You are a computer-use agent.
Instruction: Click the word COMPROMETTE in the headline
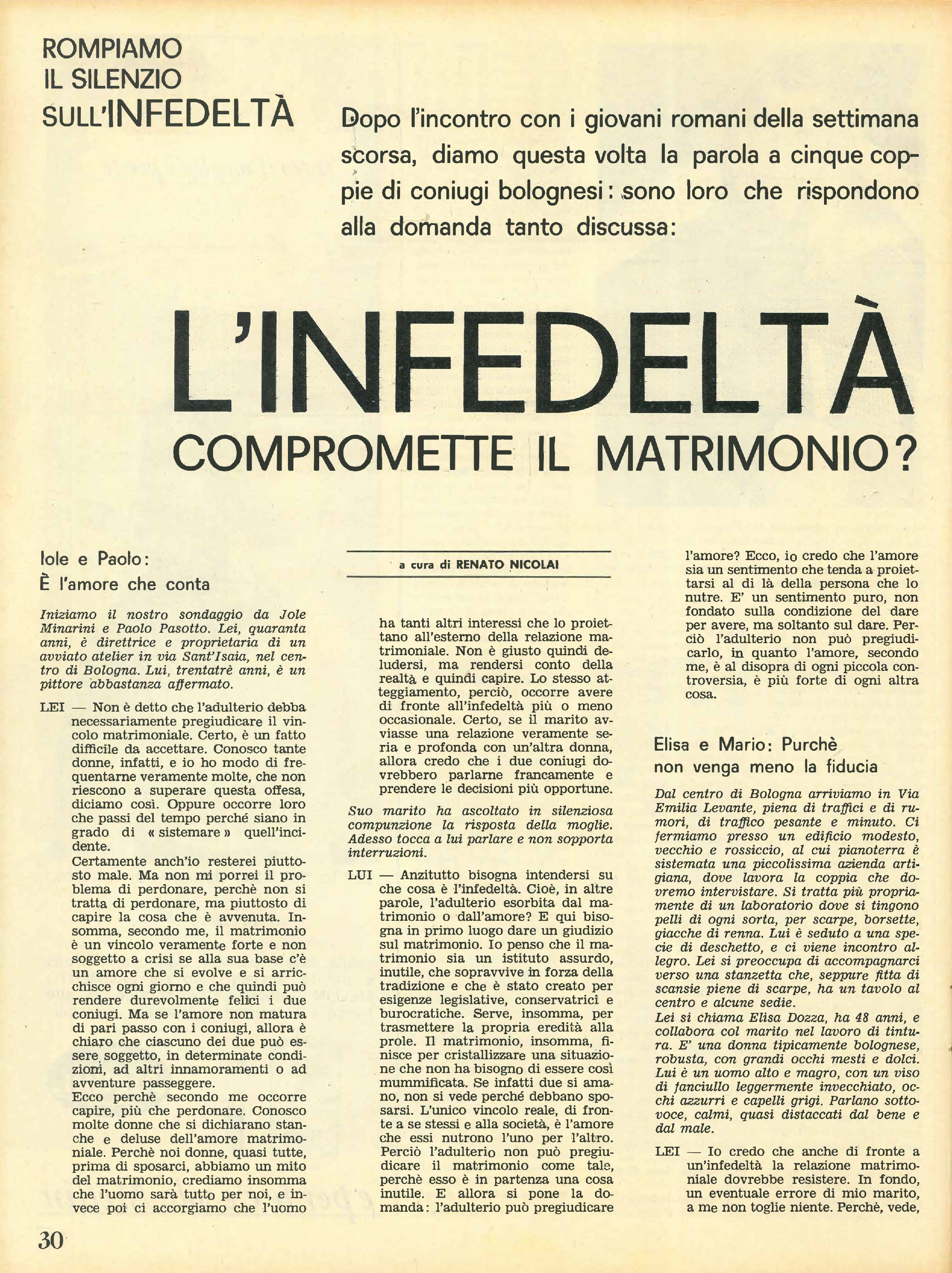click(343, 454)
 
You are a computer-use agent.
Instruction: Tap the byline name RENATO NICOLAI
click(507, 565)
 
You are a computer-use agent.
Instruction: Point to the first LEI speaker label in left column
click(52, 707)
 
